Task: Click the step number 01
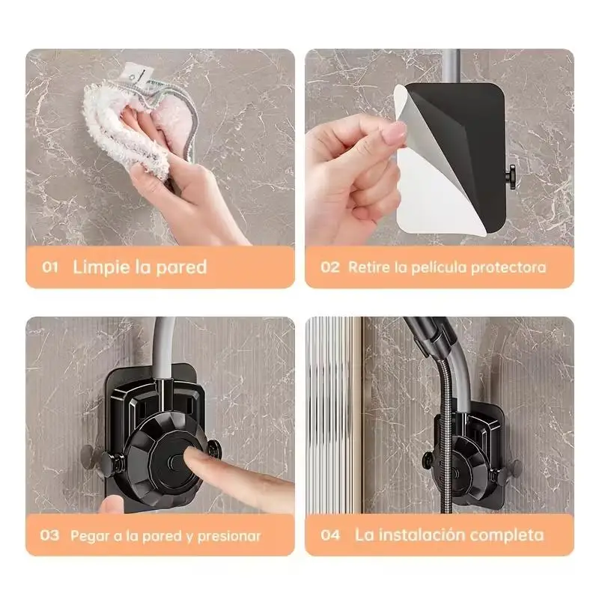click(50, 267)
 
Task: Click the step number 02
click(330, 267)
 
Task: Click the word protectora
click(508, 268)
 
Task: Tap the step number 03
click(49, 535)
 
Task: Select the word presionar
click(229, 536)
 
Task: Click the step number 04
click(330, 535)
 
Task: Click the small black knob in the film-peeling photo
click(511, 177)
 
